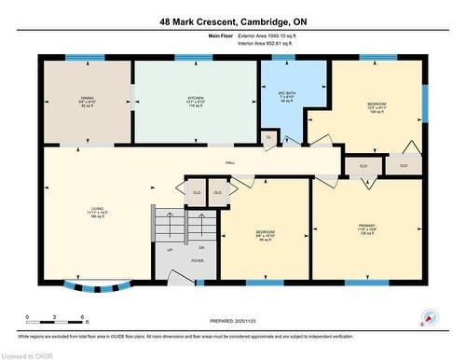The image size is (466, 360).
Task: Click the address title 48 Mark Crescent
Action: click(x=232, y=21)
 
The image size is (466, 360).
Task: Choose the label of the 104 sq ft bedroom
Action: click(x=376, y=104)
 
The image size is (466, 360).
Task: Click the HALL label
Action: click(x=228, y=162)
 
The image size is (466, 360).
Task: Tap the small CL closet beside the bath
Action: click(x=268, y=137)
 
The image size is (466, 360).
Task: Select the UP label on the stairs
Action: click(x=170, y=249)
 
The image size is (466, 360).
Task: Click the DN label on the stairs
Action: click(x=200, y=247)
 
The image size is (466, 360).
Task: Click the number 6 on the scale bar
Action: click(x=84, y=318)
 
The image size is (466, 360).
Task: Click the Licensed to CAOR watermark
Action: click(x=28, y=354)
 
